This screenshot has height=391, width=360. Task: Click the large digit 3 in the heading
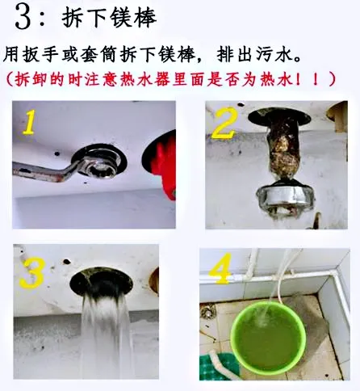23,17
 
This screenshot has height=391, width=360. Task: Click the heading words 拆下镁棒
109,18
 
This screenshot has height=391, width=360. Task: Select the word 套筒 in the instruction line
98,54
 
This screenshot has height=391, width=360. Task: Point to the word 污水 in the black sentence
274,54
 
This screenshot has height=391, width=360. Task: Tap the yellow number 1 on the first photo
29,122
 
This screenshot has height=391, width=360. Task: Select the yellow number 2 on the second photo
224,123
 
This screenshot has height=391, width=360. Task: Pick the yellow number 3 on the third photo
32,273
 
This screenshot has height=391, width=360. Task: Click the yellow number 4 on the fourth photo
220,269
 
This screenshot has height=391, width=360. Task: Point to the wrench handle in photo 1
44,170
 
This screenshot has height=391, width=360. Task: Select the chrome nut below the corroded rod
286,199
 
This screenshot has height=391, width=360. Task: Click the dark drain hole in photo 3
101,281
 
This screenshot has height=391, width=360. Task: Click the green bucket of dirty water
268,338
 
